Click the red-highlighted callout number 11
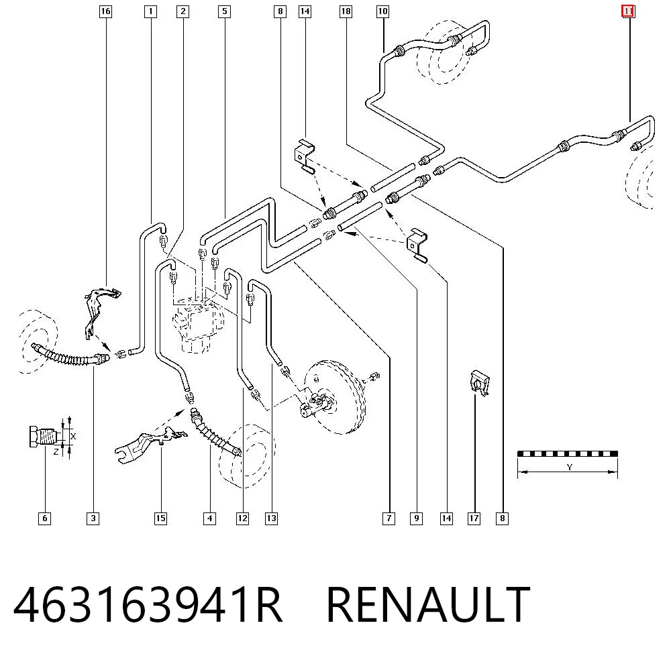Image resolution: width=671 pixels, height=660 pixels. (628, 11)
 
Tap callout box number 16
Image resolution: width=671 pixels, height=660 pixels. (105, 11)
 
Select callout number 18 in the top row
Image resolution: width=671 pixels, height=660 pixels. (346, 11)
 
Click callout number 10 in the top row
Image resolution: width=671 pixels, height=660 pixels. (382, 11)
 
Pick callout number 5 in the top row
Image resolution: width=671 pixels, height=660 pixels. (224, 11)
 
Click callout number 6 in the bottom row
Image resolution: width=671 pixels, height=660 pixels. (44, 518)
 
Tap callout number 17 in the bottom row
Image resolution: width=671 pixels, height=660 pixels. (474, 518)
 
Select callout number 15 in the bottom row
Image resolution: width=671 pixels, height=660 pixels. (160, 518)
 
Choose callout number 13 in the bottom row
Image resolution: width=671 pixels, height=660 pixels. (271, 518)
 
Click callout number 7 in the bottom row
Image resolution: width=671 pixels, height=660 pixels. (389, 518)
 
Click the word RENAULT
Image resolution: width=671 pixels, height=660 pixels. (428, 604)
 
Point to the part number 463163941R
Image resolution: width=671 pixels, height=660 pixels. (148, 604)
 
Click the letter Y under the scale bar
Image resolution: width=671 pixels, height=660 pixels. (569, 467)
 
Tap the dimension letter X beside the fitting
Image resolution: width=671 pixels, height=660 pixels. (73, 436)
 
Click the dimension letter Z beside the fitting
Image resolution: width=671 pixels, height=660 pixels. (56, 451)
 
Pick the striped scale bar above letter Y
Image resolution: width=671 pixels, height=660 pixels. (568, 453)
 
